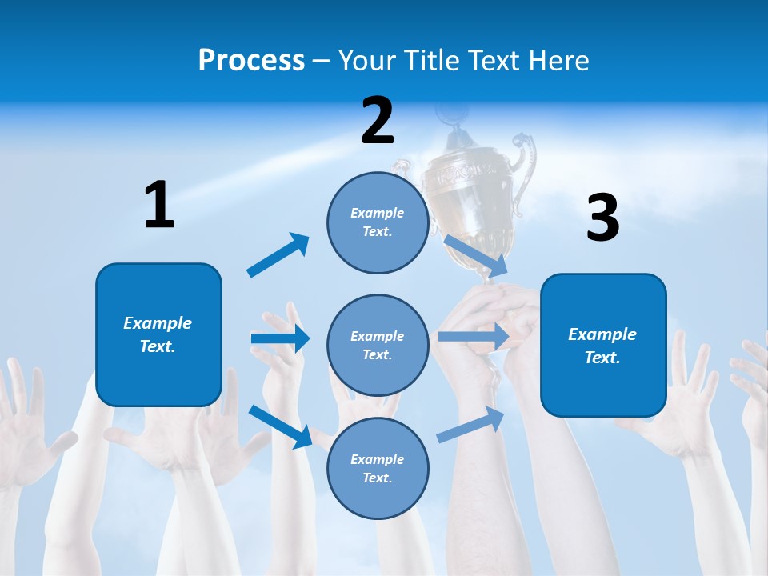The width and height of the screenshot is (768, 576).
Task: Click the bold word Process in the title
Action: pos(251,61)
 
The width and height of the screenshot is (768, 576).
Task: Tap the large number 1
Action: pos(159,205)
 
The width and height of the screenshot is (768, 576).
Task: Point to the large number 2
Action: pos(378,121)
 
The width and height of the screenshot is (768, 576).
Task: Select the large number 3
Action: pos(603,218)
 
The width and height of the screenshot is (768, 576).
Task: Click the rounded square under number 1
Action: pos(158,334)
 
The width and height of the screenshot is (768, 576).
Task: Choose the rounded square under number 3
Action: pos(603,345)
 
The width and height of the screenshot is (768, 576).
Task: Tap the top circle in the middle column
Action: pos(378,222)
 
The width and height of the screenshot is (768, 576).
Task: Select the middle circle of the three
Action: pos(378,345)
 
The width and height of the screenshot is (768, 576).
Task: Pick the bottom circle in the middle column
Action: pos(378,468)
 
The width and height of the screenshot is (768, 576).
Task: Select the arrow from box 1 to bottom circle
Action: pos(281,426)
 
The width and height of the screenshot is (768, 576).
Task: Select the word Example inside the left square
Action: pos(158,323)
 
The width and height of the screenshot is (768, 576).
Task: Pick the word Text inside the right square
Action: pos(602,358)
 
